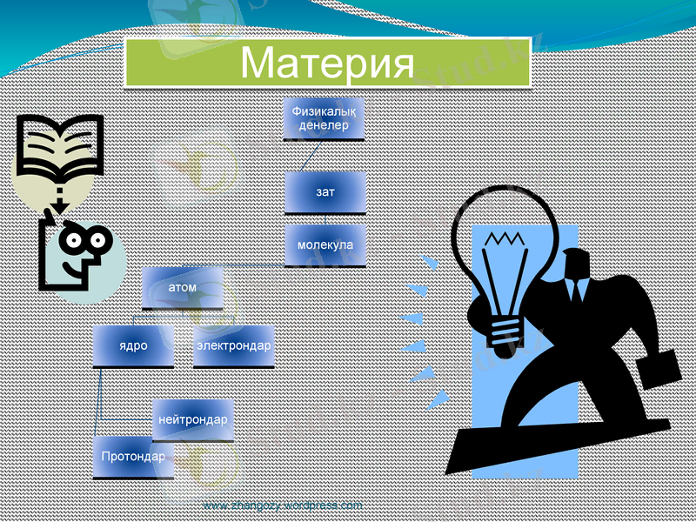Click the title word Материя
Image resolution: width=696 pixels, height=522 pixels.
click(x=327, y=63)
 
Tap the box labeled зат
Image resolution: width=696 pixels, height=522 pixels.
click(x=325, y=191)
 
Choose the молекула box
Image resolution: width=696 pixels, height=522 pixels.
click(x=325, y=244)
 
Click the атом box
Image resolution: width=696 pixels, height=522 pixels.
click(x=182, y=288)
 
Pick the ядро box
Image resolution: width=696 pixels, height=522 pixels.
click(x=133, y=345)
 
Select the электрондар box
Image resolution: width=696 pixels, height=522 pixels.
click(x=233, y=345)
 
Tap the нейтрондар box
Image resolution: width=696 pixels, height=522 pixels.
click(x=193, y=420)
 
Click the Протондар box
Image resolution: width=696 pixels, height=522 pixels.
click(x=133, y=457)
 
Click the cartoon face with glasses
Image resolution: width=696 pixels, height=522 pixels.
click(x=77, y=251)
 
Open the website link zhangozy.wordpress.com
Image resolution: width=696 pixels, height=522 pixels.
click(x=282, y=505)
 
